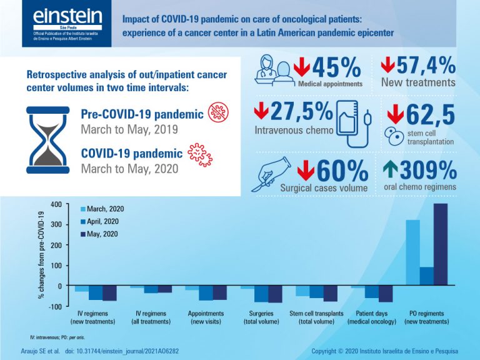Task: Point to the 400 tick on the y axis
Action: coord(57,204)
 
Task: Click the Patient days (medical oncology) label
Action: coord(372,316)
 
